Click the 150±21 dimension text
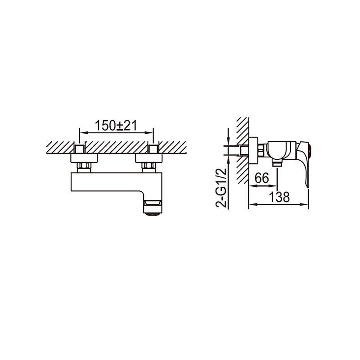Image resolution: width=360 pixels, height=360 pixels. pos(116,126)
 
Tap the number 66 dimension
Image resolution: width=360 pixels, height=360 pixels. pos(261,178)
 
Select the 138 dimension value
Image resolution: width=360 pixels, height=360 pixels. pos(279,197)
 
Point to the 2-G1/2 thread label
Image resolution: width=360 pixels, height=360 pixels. pos(221,188)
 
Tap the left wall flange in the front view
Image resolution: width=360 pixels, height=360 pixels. pos(84,158)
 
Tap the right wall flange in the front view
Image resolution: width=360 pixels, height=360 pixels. pos(149,158)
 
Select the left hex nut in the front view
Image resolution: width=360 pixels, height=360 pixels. pos(84,165)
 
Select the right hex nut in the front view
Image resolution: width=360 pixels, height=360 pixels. pos(149,165)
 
